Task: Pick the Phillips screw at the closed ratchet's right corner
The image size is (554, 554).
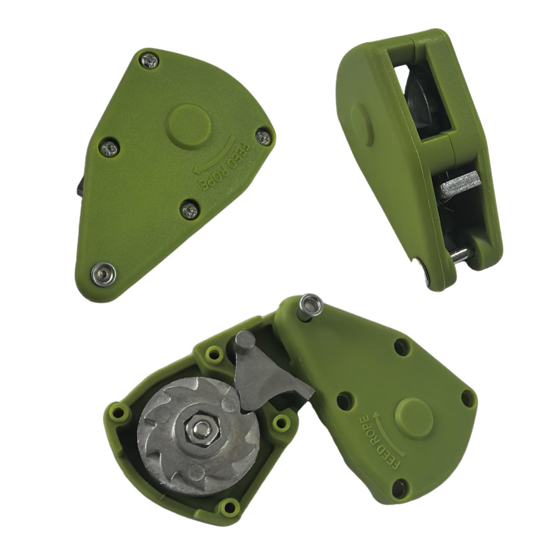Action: [x=264, y=137]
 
